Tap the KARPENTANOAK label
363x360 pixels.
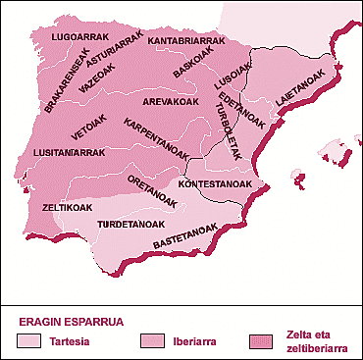click(163, 141)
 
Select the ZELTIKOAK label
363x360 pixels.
click(68, 208)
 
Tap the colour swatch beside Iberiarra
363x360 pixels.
click(153, 340)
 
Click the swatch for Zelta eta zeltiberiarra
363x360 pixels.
click(264, 340)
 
